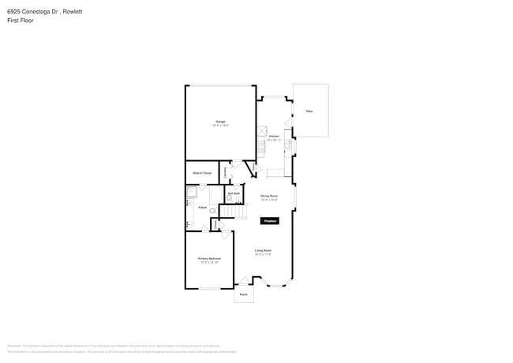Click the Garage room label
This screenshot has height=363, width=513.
(x=220, y=122)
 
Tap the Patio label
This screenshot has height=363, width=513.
(x=309, y=111)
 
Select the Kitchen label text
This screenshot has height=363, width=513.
(x=274, y=137)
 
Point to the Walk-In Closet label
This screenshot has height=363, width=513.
(x=202, y=173)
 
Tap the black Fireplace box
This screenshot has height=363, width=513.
(x=270, y=223)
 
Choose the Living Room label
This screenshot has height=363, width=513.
(x=263, y=251)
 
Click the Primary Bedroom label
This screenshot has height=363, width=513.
(x=209, y=259)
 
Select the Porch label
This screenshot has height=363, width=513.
(x=243, y=294)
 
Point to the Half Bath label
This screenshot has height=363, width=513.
(x=234, y=193)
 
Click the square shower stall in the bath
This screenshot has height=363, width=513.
(x=191, y=192)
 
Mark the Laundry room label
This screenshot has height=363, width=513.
(x=227, y=170)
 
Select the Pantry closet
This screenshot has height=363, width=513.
(x=253, y=169)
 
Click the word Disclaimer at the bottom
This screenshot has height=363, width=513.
(x=14, y=346)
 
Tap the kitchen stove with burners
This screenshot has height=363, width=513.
(x=261, y=146)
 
